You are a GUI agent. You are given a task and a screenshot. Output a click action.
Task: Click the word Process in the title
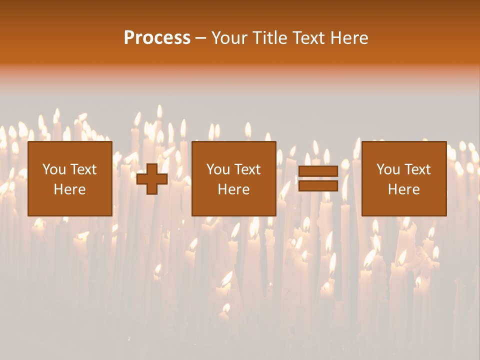point(157,38)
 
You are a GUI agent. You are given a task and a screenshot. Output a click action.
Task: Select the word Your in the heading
point(229,38)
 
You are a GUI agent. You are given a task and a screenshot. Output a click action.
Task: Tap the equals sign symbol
point(318,178)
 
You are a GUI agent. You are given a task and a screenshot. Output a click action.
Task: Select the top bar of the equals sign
point(318,171)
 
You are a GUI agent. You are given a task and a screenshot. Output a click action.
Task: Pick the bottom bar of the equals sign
point(318,186)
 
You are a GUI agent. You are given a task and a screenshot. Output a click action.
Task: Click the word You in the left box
point(53,169)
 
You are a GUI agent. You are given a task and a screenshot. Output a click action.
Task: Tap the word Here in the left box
point(69,189)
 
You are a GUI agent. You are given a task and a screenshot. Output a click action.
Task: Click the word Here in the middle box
point(233,189)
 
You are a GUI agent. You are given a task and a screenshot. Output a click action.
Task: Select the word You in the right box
point(387,169)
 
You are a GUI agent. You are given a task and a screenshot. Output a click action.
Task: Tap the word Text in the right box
point(417,169)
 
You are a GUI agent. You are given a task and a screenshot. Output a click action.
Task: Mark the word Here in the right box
point(403,189)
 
